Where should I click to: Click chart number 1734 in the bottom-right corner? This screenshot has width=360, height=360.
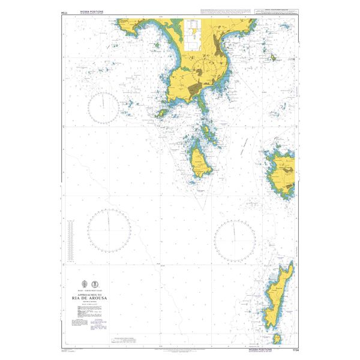293,349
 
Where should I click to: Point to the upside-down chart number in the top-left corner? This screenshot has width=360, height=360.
64,11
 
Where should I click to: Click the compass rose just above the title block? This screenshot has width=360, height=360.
109,230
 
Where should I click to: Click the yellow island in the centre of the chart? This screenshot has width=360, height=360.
199,163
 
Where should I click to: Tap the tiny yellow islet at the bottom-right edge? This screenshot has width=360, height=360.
277,340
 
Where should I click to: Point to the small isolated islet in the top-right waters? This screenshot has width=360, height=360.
273,59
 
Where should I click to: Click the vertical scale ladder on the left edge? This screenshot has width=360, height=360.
71,237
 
